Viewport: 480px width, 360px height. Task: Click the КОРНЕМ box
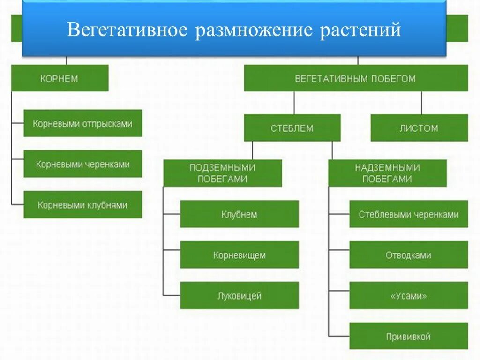pos(60,78)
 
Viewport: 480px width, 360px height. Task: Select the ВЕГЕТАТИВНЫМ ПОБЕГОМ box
pos(355,78)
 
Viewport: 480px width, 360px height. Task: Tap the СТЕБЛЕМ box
pos(292,128)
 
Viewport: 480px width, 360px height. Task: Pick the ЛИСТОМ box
pos(419,128)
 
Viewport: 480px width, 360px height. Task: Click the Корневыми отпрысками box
pos(82,124)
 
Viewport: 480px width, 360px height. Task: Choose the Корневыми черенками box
pos(82,164)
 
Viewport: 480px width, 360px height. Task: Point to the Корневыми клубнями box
pos(82,205)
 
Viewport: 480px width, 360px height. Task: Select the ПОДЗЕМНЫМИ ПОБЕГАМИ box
pos(222,173)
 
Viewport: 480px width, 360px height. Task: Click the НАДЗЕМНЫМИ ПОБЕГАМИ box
pos(387,173)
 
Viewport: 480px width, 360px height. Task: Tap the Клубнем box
pos(239,214)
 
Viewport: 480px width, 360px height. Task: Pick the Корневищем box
pos(239,255)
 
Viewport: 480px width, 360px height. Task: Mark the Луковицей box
pos(239,296)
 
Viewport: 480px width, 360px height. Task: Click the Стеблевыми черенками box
pos(408,214)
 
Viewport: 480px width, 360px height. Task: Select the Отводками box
pos(408,255)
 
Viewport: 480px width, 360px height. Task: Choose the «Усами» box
pos(408,296)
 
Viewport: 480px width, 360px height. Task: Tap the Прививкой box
pos(408,336)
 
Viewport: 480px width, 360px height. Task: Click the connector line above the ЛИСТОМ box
pos(421,103)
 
